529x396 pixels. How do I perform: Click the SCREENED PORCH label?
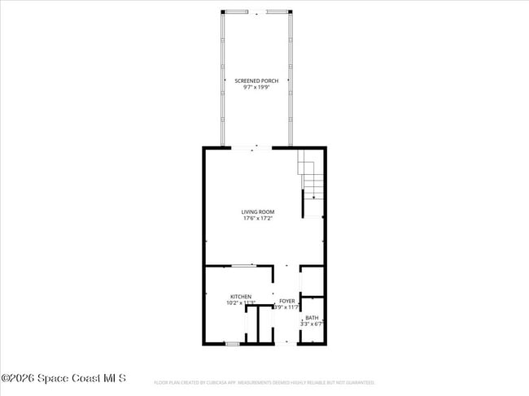point(256,81)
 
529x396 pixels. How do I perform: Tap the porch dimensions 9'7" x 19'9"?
point(256,87)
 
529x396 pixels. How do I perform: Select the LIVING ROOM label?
point(257,212)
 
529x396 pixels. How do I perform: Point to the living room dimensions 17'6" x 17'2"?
point(257,219)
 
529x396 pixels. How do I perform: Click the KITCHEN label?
point(240,297)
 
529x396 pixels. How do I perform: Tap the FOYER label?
point(287,301)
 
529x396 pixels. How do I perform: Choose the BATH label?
point(312,318)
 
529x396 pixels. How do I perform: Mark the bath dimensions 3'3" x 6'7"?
point(312,324)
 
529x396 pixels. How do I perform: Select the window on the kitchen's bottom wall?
point(232,345)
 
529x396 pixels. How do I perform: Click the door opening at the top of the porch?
point(256,11)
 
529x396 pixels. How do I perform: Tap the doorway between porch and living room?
point(256,147)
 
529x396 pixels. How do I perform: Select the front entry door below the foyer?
point(286,344)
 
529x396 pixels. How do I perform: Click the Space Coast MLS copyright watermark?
point(63,378)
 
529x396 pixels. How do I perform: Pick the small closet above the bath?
point(312,281)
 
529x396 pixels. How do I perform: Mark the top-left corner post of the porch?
point(222,11)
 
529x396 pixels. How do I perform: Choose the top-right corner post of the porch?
point(291,11)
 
